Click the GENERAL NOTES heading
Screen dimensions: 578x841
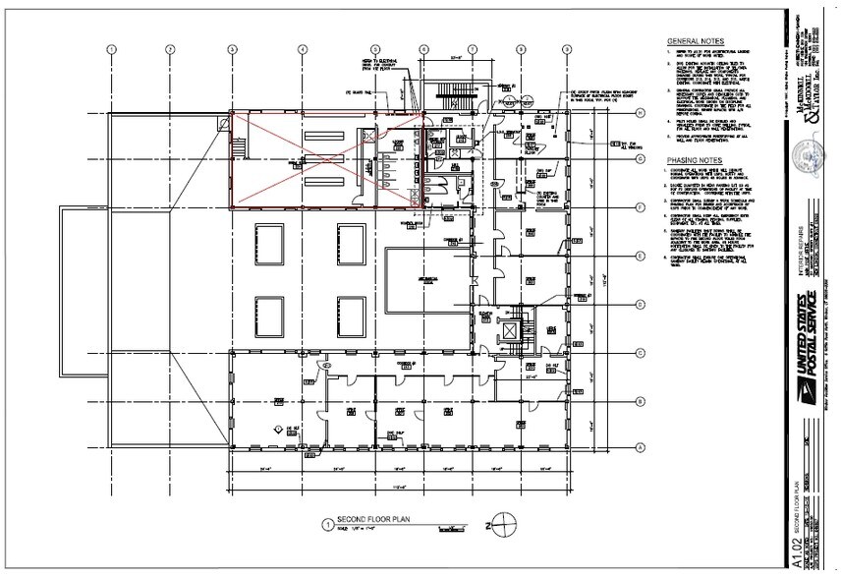tap(694, 41)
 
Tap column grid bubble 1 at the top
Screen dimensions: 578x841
tap(112, 48)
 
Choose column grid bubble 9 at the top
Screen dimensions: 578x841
tap(569, 48)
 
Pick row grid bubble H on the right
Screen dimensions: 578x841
tap(640, 113)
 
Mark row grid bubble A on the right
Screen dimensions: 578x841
tap(640, 447)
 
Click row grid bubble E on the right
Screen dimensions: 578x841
tap(640, 256)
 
